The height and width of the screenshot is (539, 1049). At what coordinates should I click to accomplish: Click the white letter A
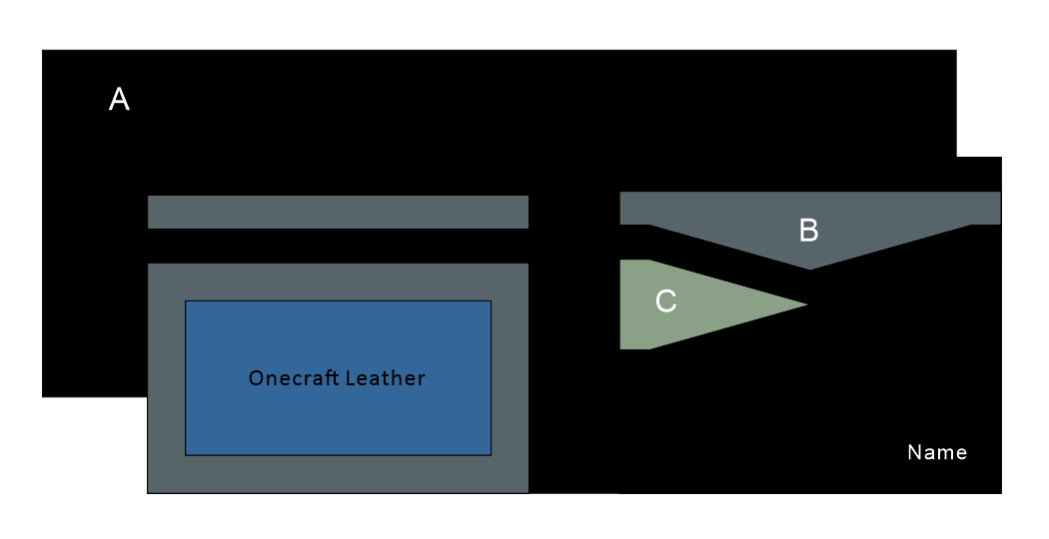point(119,99)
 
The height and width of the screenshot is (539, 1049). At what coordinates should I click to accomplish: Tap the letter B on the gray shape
point(809,231)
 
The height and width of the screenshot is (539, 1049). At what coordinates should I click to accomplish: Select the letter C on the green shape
point(665,301)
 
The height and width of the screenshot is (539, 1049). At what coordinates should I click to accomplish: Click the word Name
point(937,452)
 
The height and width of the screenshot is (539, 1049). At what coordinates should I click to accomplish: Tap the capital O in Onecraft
point(256,378)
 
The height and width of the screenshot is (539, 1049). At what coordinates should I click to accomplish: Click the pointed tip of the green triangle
point(804,303)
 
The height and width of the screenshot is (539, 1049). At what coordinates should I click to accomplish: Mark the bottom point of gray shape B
point(809,268)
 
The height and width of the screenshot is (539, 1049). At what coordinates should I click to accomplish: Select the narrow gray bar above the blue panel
point(338,212)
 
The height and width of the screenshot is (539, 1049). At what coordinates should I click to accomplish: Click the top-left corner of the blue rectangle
point(187,301)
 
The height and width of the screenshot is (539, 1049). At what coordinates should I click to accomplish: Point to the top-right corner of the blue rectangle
point(490,301)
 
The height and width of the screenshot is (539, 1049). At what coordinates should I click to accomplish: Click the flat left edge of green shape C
point(621,304)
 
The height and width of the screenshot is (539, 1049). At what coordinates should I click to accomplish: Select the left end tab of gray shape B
point(635,208)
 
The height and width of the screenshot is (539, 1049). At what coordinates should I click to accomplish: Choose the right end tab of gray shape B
point(985,208)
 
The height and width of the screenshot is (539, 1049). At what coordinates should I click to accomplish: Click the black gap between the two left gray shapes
point(338,246)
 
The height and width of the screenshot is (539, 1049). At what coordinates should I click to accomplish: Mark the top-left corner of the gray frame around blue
point(149,265)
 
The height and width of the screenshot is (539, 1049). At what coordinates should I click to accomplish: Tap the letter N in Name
point(913,452)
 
